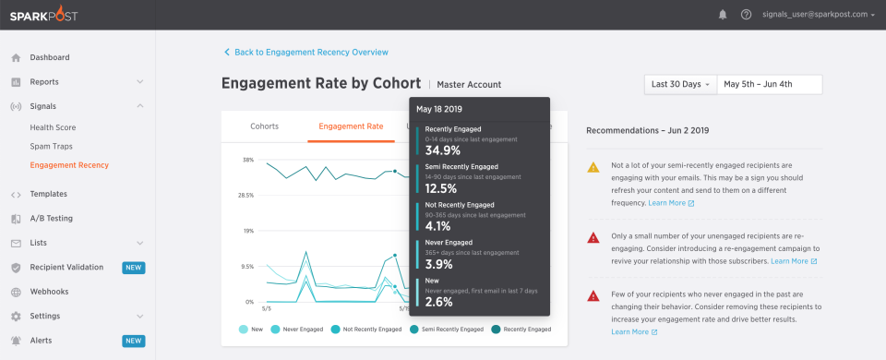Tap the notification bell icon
tap(722, 15)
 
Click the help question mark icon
tap(746, 15)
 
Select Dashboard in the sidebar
tap(49, 57)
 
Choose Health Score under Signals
tap(53, 127)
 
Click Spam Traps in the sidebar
tap(51, 146)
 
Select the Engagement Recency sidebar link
tap(69, 165)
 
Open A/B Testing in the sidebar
tap(51, 219)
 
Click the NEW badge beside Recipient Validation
tap(134, 268)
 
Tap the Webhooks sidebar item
tap(50, 292)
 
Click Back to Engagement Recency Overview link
tap(310, 53)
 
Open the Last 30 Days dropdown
tap(680, 84)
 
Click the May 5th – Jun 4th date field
tap(769, 84)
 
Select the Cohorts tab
tap(265, 126)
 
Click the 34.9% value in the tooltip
tap(443, 150)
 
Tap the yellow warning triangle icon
tap(593, 167)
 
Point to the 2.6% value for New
tap(440, 302)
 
